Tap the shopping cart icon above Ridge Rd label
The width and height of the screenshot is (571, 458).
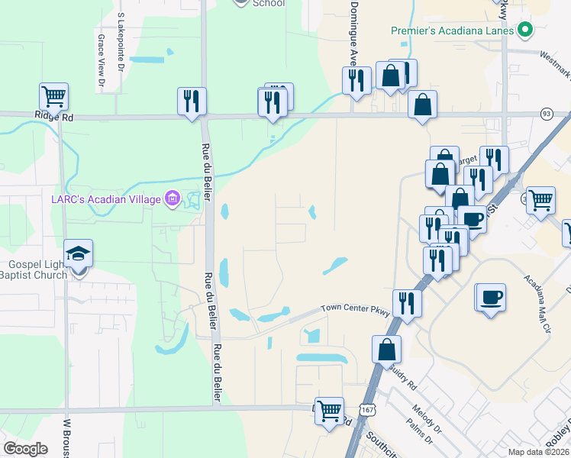pyautogui.click(x=54, y=97)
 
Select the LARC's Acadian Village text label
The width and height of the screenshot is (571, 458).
pyautogui.click(x=106, y=199)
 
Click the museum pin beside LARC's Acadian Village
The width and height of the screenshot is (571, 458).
pyautogui.click(x=173, y=199)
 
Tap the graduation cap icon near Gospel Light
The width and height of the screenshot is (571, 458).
pyautogui.click(x=78, y=253)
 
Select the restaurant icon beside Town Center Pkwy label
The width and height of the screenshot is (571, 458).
pyautogui.click(x=407, y=303)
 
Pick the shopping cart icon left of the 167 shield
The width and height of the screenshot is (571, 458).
pyautogui.click(x=330, y=411)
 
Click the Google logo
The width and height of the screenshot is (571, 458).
pyautogui.click(x=25, y=449)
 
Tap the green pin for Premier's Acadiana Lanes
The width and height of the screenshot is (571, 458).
pyautogui.click(x=524, y=31)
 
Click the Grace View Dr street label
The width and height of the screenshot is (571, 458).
pyautogui.click(x=101, y=58)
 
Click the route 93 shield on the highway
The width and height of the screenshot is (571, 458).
pyautogui.click(x=546, y=114)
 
